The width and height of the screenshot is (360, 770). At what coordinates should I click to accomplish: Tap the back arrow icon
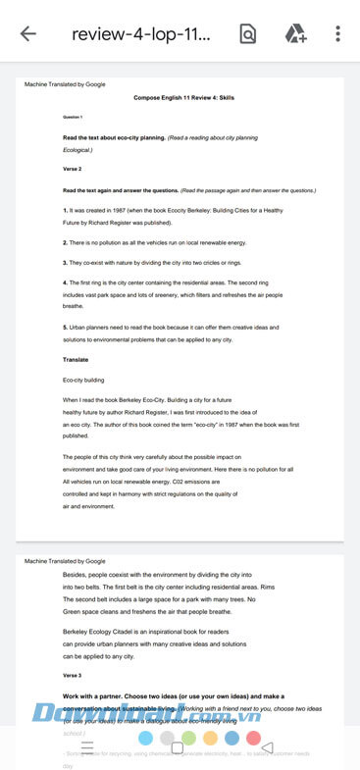[28, 33]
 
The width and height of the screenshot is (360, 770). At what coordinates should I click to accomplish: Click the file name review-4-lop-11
[140, 33]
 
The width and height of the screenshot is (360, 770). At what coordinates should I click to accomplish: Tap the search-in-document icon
[248, 33]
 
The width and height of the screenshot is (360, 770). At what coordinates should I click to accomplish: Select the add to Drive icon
[297, 33]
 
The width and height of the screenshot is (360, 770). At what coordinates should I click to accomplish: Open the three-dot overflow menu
[338, 33]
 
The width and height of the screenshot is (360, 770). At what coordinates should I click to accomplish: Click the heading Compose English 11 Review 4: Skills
[183, 98]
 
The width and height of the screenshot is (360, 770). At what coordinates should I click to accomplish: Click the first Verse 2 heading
[73, 170]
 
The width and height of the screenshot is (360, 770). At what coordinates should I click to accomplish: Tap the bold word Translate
[76, 360]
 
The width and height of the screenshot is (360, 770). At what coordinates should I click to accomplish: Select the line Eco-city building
[84, 379]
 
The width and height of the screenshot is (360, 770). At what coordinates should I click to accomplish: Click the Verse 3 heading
[73, 676]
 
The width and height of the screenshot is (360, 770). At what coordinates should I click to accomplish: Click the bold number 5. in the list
[66, 327]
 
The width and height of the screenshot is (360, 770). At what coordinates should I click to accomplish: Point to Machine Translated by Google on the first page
[65, 85]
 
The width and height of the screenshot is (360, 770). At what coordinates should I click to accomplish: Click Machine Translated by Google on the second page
[65, 561]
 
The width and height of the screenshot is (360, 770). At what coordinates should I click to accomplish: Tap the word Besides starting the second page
[75, 574]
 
